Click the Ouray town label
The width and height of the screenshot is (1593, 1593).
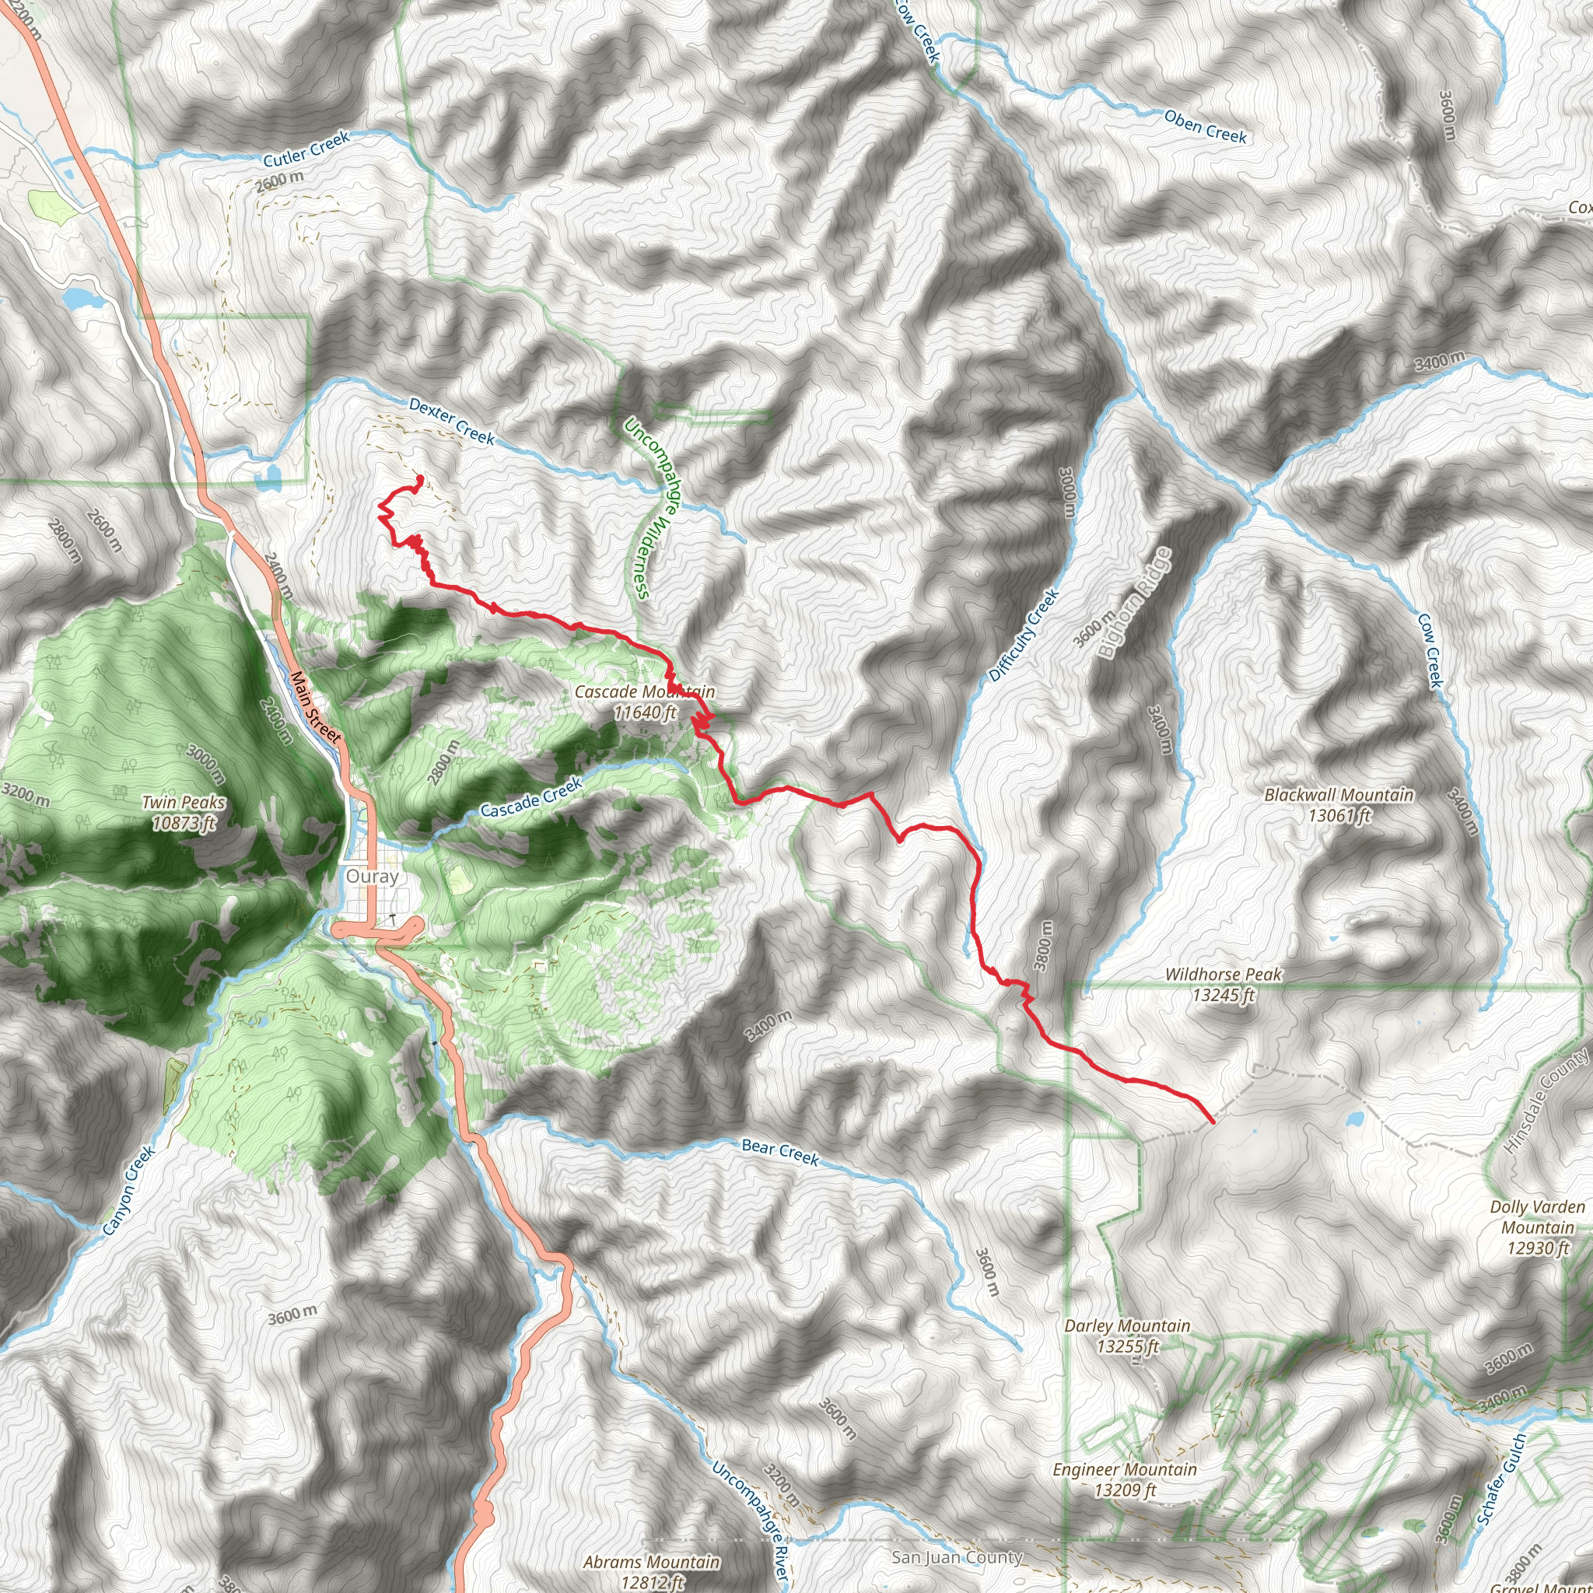click(372, 876)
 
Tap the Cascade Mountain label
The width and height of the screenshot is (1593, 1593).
click(645, 702)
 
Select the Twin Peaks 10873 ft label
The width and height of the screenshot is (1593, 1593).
click(183, 812)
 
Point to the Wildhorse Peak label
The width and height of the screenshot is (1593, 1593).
click(1223, 985)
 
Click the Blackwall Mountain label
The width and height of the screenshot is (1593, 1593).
click(1339, 805)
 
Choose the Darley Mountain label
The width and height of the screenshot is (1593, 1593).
click(1127, 1336)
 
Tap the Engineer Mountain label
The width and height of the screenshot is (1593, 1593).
click(1125, 1479)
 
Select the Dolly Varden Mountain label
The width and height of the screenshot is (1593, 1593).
click(1537, 1227)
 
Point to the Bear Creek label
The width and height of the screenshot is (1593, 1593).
click(780, 1152)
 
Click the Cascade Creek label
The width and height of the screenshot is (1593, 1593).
click(531, 798)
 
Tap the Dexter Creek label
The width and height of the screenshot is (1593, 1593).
click(452, 422)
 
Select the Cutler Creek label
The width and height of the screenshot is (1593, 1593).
click(306, 149)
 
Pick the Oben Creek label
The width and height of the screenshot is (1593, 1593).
click(1206, 127)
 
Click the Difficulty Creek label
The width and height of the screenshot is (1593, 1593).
click(1024, 635)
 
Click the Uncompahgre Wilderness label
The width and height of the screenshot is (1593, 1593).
click(649, 508)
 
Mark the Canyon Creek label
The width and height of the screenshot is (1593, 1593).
click(128, 1190)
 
